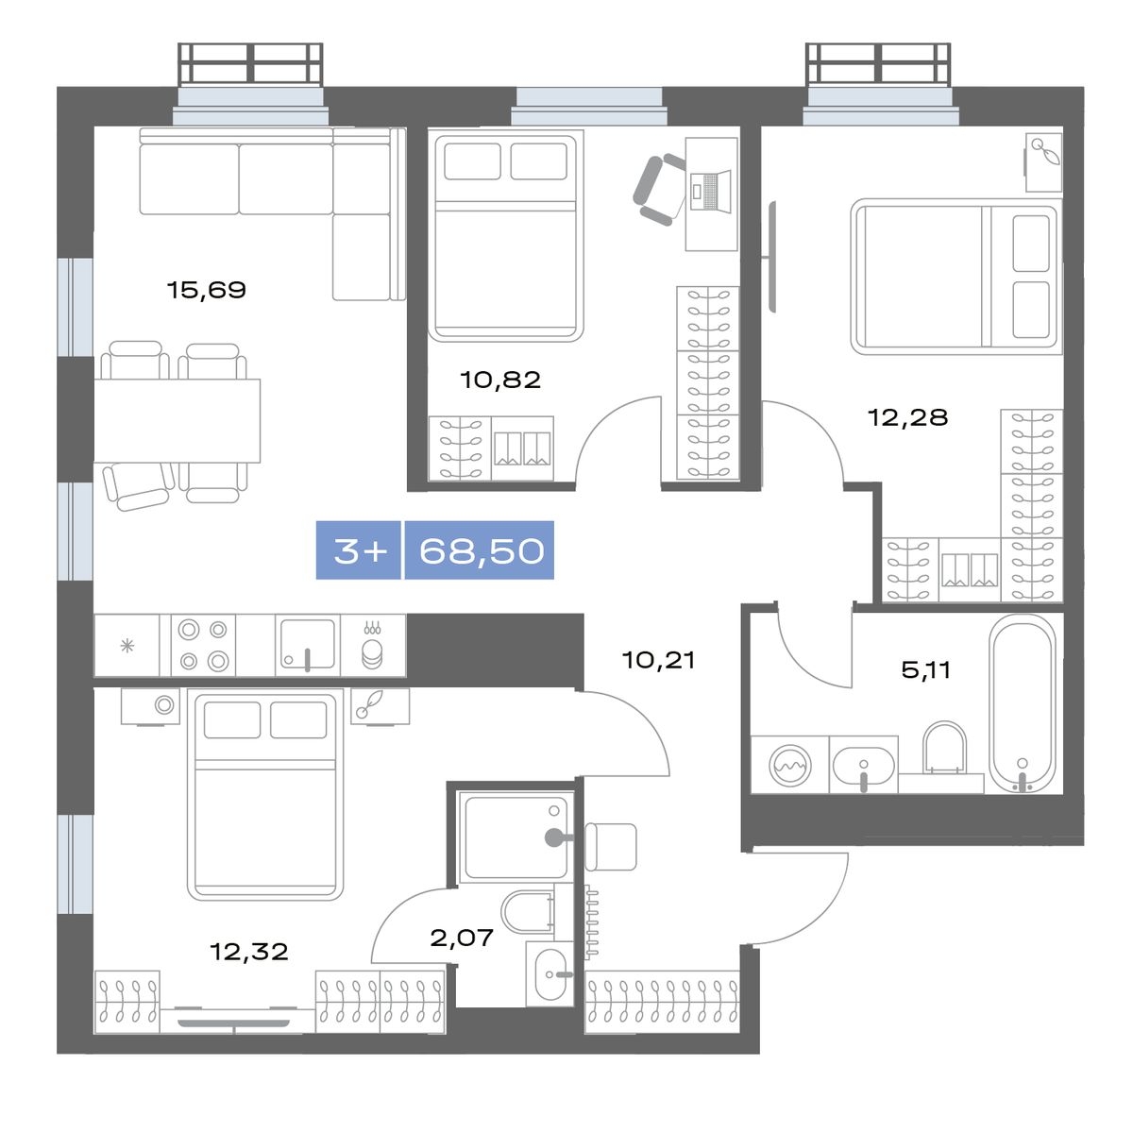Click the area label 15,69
(207, 290)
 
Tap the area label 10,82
(500, 380)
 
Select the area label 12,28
(907, 417)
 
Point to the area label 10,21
(658, 660)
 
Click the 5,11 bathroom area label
(926, 669)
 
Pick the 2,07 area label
(462, 938)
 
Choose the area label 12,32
(249, 952)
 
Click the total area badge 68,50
(480, 550)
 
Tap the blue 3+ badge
(359, 550)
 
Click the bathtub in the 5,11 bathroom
(1023, 704)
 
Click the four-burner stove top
(203, 645)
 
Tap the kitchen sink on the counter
(308, 645)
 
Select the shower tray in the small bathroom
(516, 837)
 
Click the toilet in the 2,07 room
(528, 912)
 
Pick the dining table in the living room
(177, 421)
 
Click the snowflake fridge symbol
(127, 646)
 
